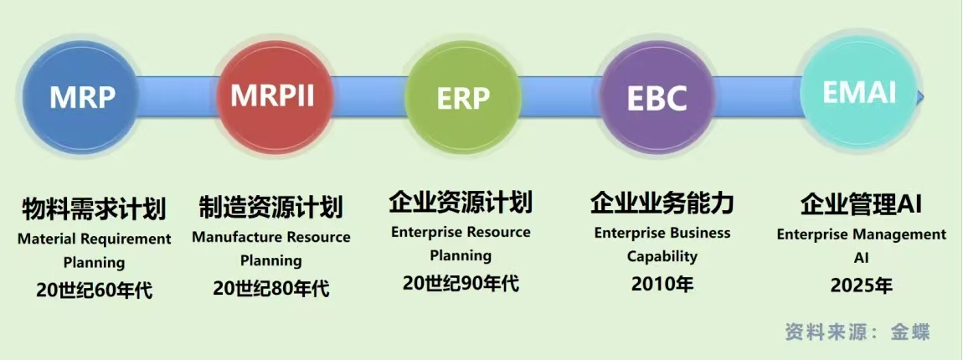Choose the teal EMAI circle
859,92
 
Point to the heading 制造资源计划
271,206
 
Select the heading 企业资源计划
461,202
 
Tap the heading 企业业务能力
662,202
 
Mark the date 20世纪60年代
94,291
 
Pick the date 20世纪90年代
461,283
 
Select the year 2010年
662,284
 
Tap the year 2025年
861,285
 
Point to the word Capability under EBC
662,256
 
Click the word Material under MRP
46,239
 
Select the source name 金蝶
910,331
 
